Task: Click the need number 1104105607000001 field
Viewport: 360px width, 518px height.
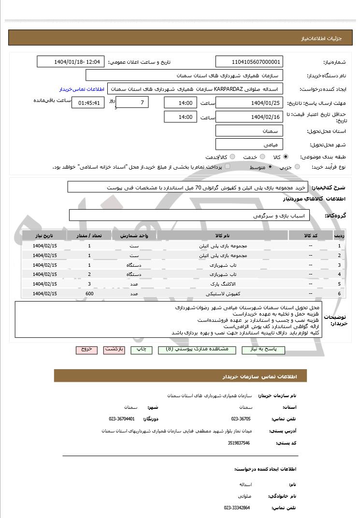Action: click(249, 62)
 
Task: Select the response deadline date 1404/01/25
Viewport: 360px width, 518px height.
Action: click(249, 102)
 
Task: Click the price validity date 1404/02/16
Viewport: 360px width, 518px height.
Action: click(249, 117)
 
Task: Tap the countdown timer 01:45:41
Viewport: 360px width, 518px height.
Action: click(87, 102)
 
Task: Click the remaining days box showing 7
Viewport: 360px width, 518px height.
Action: click(132, 102)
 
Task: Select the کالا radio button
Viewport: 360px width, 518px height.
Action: click(286, 157)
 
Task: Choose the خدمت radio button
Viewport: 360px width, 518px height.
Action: click(262, 157)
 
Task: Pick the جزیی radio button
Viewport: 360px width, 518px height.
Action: click(297, 167)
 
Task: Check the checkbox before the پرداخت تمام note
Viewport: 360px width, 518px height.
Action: click(228, 167)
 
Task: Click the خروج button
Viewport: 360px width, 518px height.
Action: click(86, 350)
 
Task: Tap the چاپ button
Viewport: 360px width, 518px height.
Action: click(141, 350)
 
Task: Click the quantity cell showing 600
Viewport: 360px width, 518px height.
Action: click(89, 293)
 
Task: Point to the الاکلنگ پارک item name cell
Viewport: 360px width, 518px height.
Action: click(223, 284)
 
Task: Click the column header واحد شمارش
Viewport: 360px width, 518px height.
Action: click(134, 236)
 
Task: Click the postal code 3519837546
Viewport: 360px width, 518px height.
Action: click(239, 443)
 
